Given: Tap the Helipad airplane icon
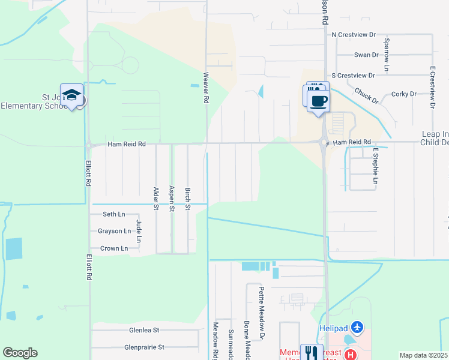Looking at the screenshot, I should [358, 327].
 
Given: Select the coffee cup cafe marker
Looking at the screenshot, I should [318, 100].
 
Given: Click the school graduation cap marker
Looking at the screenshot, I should [71, 95].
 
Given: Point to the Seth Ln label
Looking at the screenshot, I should [114, 214].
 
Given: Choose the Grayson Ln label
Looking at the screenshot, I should [114, 231].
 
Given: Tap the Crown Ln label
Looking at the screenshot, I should [114, 248].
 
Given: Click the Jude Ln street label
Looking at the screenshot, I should [139, 231].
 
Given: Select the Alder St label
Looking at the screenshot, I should [155, 199].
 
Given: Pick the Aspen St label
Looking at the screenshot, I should [171, 199].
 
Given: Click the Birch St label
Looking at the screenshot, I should [187, 199].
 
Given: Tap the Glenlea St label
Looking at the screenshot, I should [144, 330].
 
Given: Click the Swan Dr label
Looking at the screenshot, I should [366, 55].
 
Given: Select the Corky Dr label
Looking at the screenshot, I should [404, 94].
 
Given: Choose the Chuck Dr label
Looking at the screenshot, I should [366, 95].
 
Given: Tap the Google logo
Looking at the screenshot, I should [20, 353].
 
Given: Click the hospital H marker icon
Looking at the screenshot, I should [350, 355].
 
